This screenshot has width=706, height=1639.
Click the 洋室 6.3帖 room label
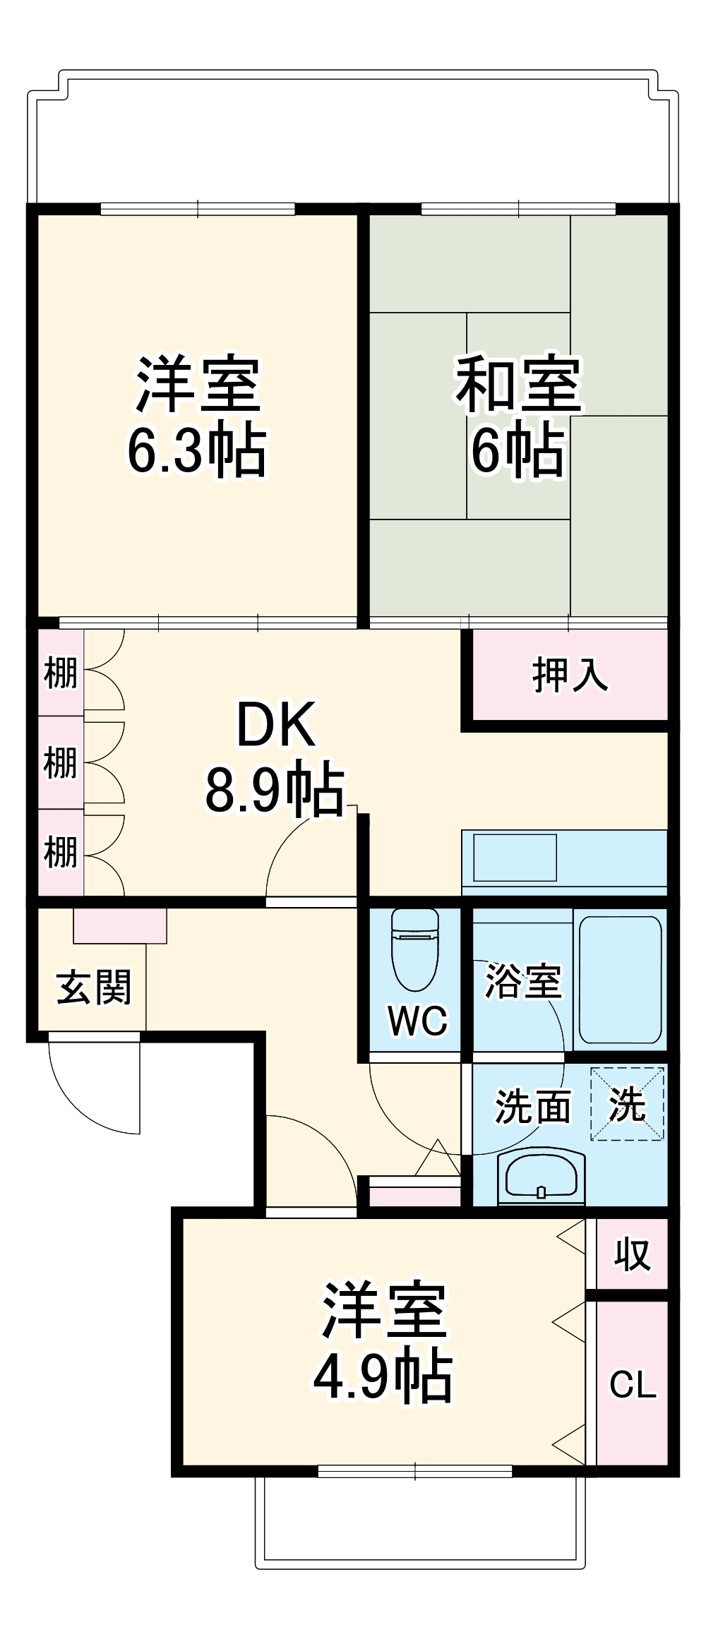click(198, 416)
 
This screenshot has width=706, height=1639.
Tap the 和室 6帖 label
click(519, 416)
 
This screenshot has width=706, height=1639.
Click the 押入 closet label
click(569, 675)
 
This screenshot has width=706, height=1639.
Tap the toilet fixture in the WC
click(415, 949)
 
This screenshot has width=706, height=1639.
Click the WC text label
click(417, 1021)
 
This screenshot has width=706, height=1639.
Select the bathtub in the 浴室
click(620, 979)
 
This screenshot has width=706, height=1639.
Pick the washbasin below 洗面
click(541, 1177)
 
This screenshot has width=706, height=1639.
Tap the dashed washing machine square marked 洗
click(627, 1104)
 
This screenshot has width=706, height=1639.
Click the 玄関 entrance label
click(94, 987)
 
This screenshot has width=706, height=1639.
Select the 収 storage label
click(632, 1254)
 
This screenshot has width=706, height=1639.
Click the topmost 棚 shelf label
click(61, 673)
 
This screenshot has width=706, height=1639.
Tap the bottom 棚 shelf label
click(61, 852)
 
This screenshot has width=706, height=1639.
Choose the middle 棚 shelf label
click(61, 762)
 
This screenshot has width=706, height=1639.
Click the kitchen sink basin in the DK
click(515, 857)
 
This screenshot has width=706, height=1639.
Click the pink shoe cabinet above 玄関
click(120, 925)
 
